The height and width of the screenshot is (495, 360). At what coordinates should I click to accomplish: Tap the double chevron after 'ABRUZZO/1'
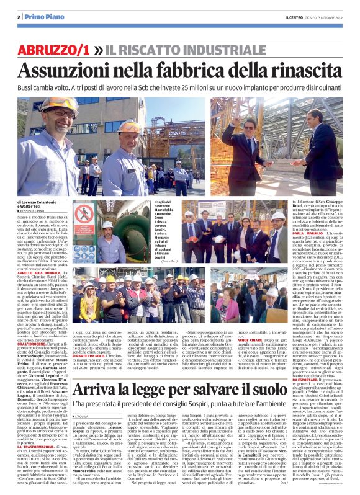[116, 49]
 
